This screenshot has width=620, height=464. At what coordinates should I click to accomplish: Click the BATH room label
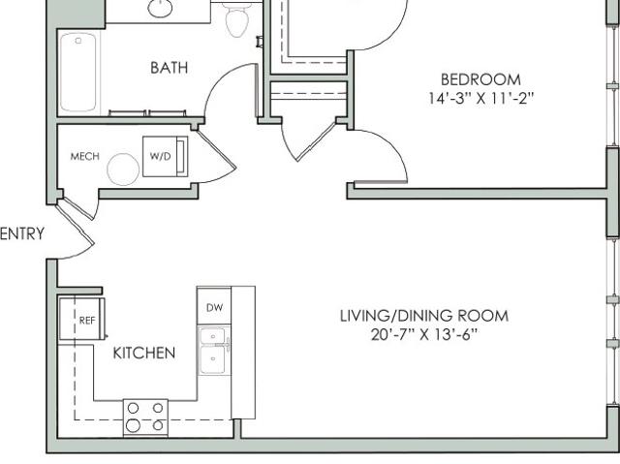(x=169, y=68)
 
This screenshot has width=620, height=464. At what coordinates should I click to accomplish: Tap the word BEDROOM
(x=480, y=79)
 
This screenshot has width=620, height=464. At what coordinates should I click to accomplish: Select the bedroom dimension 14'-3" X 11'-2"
(x=481, y=98)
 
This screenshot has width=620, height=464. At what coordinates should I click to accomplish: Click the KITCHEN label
(x=144, y=353)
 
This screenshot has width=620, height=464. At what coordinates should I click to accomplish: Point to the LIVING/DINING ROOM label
(x=424, y=316)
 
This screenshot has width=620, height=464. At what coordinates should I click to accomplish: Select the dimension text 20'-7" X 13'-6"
(x=424, y=335)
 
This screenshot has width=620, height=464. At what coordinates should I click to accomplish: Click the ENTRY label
(x=22, y=233)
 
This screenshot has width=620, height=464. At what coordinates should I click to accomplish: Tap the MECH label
(x=84, y=157)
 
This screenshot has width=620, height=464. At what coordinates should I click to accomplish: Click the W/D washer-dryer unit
(x=166, y=157)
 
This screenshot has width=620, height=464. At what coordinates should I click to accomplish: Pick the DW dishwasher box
(x=214, y=307)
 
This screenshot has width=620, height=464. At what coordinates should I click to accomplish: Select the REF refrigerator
(x=82, y=319)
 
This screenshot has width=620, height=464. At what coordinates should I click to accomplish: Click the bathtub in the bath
(x=78, y=72)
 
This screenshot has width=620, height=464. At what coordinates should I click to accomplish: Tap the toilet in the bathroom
(x=237, y=17)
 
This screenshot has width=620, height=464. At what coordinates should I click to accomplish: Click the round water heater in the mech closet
(x=123, y=170)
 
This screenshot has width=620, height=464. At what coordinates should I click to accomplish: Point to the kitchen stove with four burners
(x=145, y=418)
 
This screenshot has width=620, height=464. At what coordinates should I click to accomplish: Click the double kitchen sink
(x=214, y=351)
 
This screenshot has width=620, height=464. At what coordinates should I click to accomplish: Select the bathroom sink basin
(x=160, y=8)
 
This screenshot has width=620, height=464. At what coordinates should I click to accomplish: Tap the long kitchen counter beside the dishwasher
(x=243, y=353)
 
